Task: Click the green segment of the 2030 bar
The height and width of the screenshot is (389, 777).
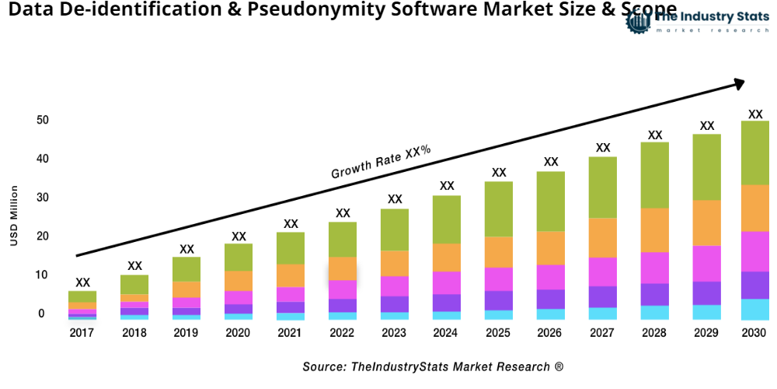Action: [x=754, y=152]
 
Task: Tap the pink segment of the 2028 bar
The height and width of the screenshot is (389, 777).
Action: [x=655, y=268]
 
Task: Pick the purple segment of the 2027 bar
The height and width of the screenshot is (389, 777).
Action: [x=603, y=296]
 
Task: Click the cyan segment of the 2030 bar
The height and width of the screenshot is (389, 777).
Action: [x=754, y=310]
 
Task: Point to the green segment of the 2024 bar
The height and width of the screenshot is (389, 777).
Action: [x=447, y=219]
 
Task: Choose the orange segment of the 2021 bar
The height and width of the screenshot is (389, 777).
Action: [x=291, y=275]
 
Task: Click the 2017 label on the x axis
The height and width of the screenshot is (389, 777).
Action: [x=82, y=333]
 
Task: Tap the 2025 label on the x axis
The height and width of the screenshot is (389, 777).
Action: [x=499, y=333]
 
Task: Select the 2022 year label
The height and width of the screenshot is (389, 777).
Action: [x=343, y=333]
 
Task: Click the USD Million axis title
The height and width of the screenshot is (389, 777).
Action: [x=14, y=216]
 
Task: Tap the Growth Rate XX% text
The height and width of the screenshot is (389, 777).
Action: [x=381, y=162]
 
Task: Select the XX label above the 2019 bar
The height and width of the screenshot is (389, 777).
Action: [x=186, y=249]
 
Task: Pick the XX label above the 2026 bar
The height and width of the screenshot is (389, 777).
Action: [x=551, y=162]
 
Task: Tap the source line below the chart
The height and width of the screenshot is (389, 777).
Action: [x=433, y=366]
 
